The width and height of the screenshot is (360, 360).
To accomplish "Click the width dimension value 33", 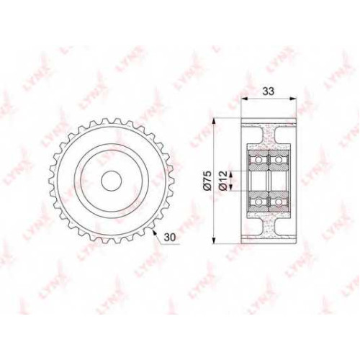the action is [268, 91].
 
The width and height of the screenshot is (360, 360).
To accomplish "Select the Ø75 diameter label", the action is [208, 180].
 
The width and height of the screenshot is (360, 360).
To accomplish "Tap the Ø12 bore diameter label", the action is [223, 181].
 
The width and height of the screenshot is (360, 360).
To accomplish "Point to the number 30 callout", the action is [170, 237].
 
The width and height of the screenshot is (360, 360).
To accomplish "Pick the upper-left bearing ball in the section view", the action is [258, 159].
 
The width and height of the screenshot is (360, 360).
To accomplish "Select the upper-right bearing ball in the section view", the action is [278, 159].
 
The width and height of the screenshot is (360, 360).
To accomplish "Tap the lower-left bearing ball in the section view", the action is [258, 202].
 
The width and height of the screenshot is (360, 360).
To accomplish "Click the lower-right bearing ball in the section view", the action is [278, 202].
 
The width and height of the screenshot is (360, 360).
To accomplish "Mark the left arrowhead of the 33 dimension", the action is [244, 98].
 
